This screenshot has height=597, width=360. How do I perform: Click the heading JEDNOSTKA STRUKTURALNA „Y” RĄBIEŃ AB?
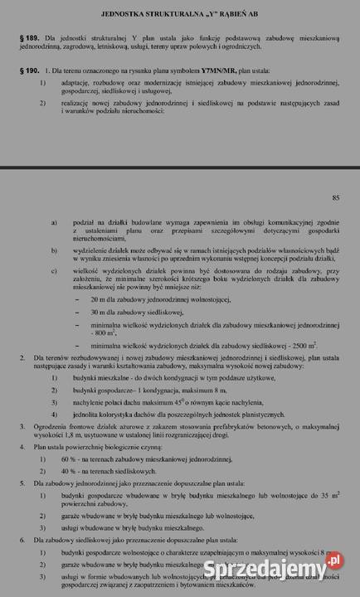(179, 14)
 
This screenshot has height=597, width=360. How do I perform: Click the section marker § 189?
(28, 39)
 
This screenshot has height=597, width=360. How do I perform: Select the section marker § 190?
(28, 72)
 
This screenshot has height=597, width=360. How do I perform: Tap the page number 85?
(335, 197)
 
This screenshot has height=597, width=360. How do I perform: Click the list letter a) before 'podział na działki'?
(55, 223)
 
